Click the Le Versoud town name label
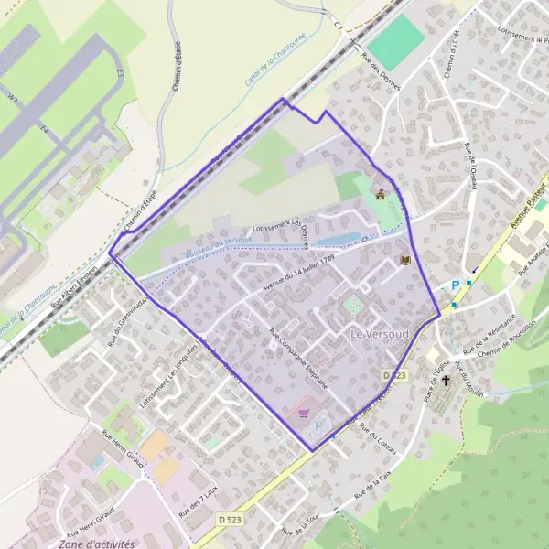pyautogui.click(x=379, y=335)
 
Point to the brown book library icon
pyautogui.click(x=404, y=261)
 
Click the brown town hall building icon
pyautogui.click(x=381, y=193)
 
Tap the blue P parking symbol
pyautogui.click(x=455, y=285)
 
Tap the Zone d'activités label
pyautogui.click(x=96, y=544)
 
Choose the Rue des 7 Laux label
pyautogui.click(x=198, y=495)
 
